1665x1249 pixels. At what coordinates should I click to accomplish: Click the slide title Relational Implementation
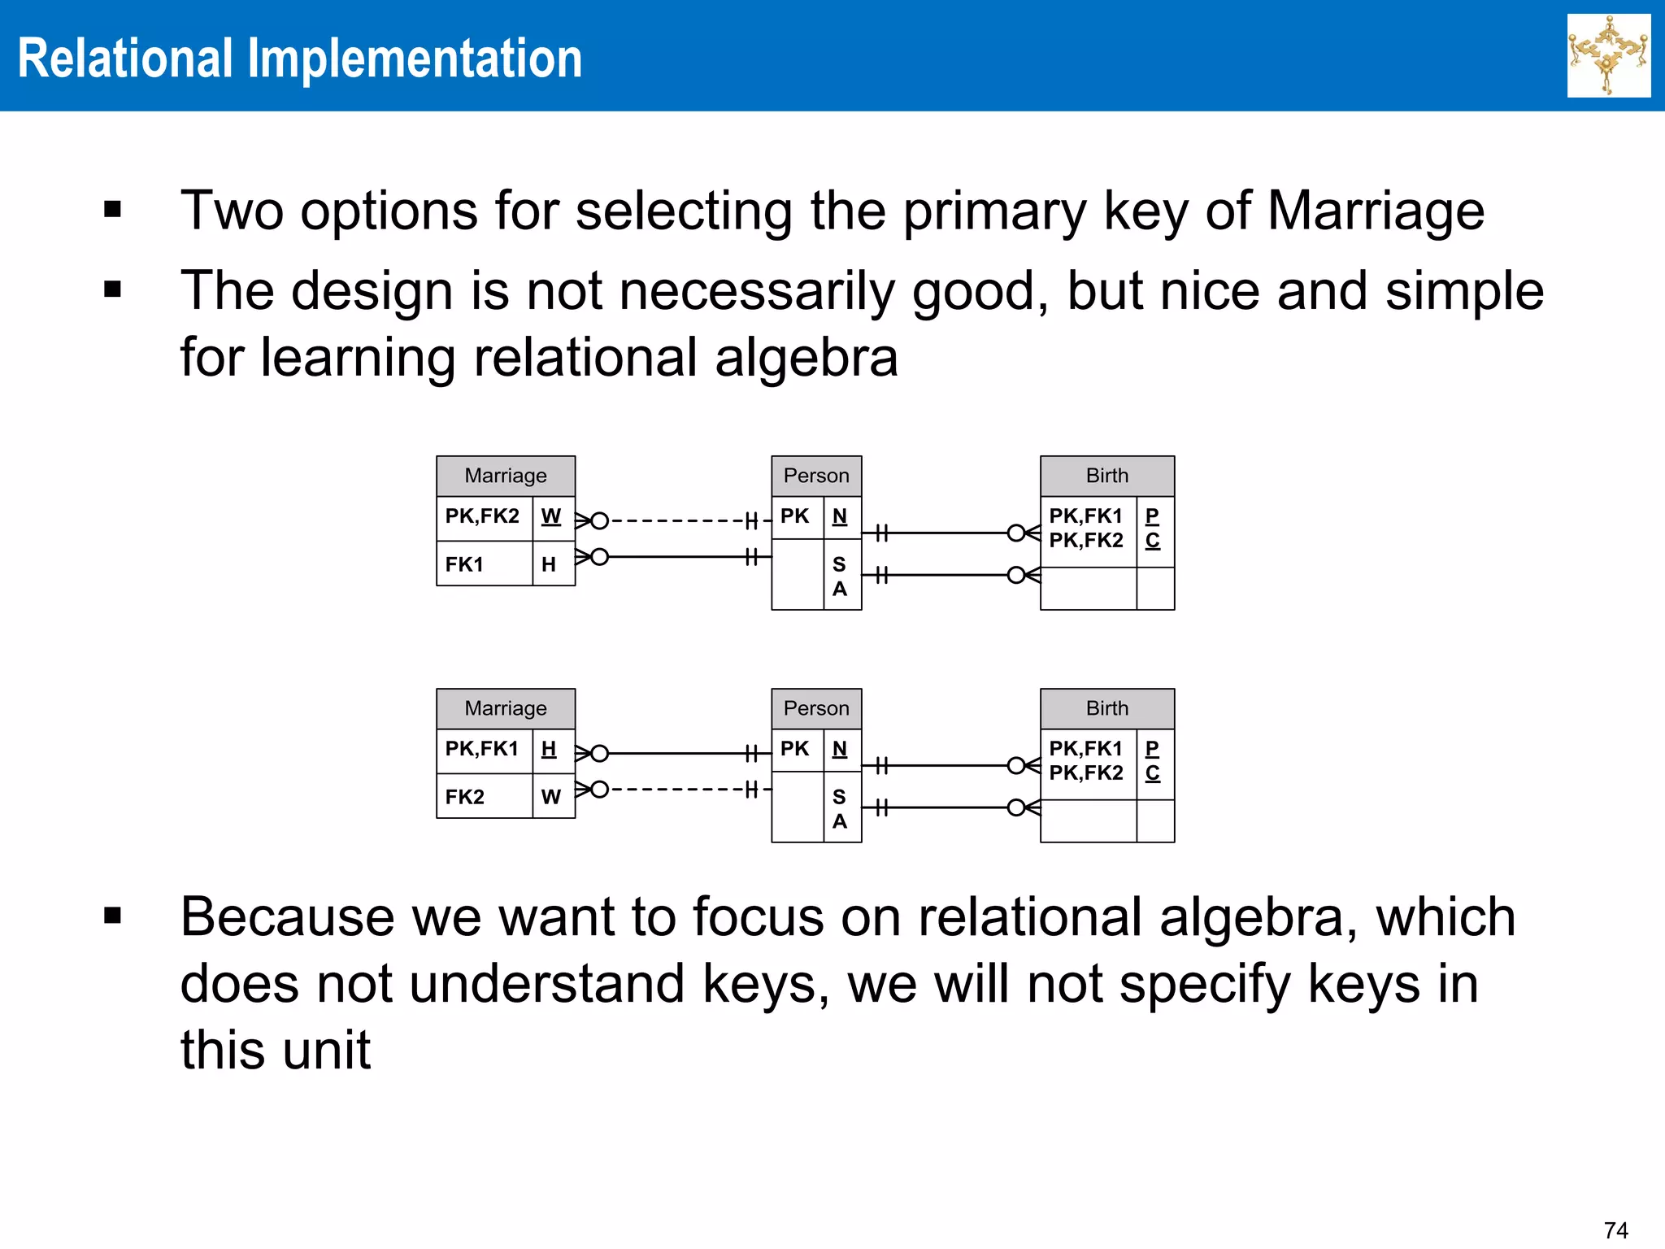[x=299, y=59]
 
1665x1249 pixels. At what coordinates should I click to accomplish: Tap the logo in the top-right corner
[x=1608, y=55]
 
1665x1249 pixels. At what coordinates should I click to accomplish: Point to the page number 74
[x=1615, y=1229]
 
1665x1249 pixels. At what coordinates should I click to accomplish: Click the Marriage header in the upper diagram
[x=505, y=476]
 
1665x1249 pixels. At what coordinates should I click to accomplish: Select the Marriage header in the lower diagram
[x=505, y=708]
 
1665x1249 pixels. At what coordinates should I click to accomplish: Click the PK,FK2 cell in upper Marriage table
[x=482, y=516]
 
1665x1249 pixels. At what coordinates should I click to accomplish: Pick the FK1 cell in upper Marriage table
[x=464, y=564]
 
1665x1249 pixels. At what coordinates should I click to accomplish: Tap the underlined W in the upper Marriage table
[x=550, y=516]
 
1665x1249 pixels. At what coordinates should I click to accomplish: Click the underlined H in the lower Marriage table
[x=549, y=749]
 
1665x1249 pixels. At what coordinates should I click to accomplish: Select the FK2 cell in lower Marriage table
[x=464, y=797]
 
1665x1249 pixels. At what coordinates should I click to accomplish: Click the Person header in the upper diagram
[x=815, y=476]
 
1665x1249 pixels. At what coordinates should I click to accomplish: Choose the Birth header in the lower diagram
[x=1106, y=708]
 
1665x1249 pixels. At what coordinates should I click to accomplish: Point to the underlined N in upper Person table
[x=839, y=516]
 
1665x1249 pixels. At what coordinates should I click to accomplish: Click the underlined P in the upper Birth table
[x=1152, y=516]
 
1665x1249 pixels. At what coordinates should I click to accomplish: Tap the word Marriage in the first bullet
[x=1375, y=211]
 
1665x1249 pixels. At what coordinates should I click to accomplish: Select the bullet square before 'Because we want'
[x=112, y=916]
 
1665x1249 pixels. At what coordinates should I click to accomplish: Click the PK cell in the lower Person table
[x=794, y=749]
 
